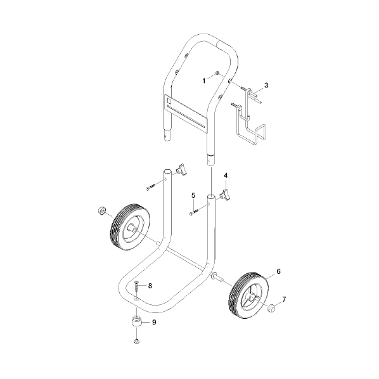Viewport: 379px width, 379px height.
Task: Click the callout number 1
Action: (204, 80)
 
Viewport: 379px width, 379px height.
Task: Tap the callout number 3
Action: (266, 85)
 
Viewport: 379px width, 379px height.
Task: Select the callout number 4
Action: (226, 175)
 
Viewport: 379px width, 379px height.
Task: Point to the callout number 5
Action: (193, 195)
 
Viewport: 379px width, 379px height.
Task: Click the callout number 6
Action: (278, 271)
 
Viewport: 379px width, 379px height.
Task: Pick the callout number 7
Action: (284, 300)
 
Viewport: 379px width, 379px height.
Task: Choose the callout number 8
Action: (150, 286)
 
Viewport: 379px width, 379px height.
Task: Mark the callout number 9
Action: (154, 322)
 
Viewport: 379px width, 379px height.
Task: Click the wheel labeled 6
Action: (248, 295)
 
